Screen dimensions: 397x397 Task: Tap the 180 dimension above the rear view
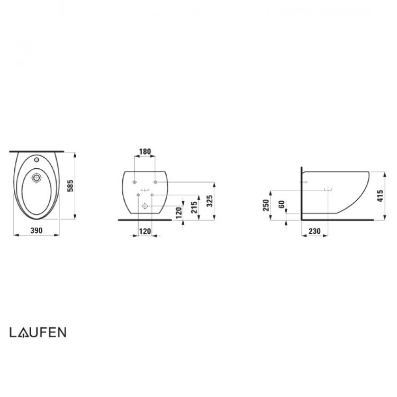point(145,152)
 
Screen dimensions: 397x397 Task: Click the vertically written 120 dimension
point(179,213)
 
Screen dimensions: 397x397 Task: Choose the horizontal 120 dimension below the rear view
point(145,231)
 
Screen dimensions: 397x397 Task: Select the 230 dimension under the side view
point(314,231)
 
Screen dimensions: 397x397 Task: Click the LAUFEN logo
point(37,332)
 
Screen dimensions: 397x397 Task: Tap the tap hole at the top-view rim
point(37,159)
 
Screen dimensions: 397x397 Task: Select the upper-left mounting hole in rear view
point(136,182)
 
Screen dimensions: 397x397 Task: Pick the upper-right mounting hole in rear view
point(154,182)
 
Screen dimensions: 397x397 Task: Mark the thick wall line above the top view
point(37,151)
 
